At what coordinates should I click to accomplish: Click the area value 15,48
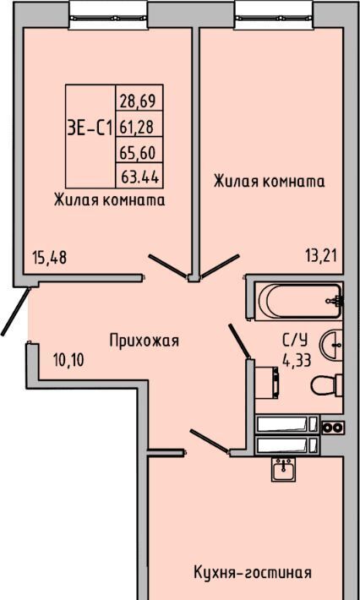(50, 258)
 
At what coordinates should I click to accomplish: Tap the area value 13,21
(321, 255)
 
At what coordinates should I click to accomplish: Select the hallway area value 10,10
(68, 360)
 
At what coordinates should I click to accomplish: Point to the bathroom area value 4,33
(296, 360)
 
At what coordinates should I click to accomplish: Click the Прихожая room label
(145, 341)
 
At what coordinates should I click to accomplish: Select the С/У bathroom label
(294, 340)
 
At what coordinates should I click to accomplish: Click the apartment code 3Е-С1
(90, 128)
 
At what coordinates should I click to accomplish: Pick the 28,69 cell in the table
(137, 101)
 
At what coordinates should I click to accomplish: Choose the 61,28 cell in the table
(137, 127)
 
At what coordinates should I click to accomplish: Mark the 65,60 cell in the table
(138, 152)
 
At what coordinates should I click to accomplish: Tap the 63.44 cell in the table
(140, 177)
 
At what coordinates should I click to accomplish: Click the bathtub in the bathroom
(298, 301)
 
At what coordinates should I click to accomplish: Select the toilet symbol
(327, 385)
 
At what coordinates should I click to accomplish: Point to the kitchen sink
(283, 469)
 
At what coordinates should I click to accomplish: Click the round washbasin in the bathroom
(331, 345)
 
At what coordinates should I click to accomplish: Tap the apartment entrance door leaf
(15, 312)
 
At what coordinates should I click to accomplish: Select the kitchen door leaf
(210, 441)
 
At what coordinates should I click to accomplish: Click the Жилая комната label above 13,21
(270, 181)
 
